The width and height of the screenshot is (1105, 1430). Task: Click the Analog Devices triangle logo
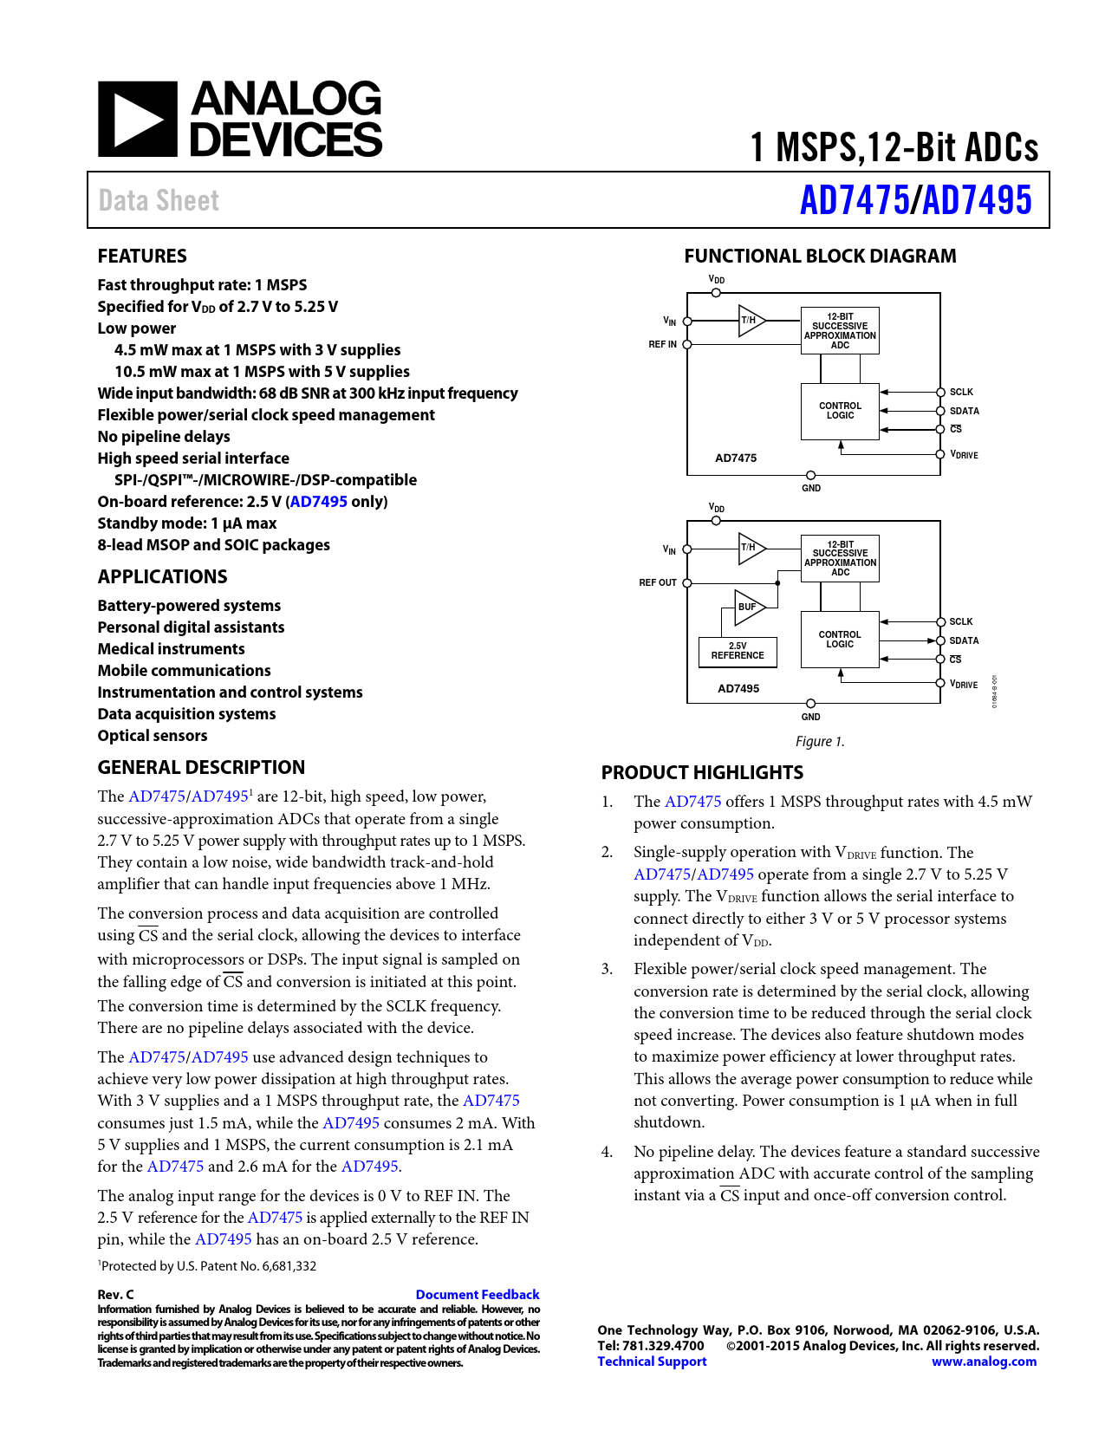pos(137,120)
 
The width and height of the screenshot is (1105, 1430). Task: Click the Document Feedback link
pos(477,1294)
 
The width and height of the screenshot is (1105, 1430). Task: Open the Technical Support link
pos(652,1362)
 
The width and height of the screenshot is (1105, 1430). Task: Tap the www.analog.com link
pos(984,1362)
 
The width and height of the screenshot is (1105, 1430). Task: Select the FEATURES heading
pos(142,256)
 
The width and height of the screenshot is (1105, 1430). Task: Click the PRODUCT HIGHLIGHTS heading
pos(702,772)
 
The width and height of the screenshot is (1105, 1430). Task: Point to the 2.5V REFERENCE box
pos(738,652)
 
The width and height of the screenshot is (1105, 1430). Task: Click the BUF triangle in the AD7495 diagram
pos(748,607)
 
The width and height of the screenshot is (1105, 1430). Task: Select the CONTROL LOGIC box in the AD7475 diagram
pos(840,411)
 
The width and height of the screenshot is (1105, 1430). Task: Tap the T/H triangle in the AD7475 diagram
pos(750,321)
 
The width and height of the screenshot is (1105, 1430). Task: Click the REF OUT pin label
pos(658,582)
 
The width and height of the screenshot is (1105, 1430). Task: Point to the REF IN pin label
pos(663,344)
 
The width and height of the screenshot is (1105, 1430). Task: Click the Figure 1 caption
pos(820,741)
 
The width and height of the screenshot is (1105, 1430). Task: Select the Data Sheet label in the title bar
pos(159,201)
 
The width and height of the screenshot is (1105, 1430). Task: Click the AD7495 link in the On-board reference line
pos(319,502)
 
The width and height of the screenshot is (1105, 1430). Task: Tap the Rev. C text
pos(116,1294)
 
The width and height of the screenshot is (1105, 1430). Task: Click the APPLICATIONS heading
pos(162,576)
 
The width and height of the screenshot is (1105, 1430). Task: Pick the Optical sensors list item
pos(153,736)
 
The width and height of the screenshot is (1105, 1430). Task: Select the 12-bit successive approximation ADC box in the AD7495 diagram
pos(840,558)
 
